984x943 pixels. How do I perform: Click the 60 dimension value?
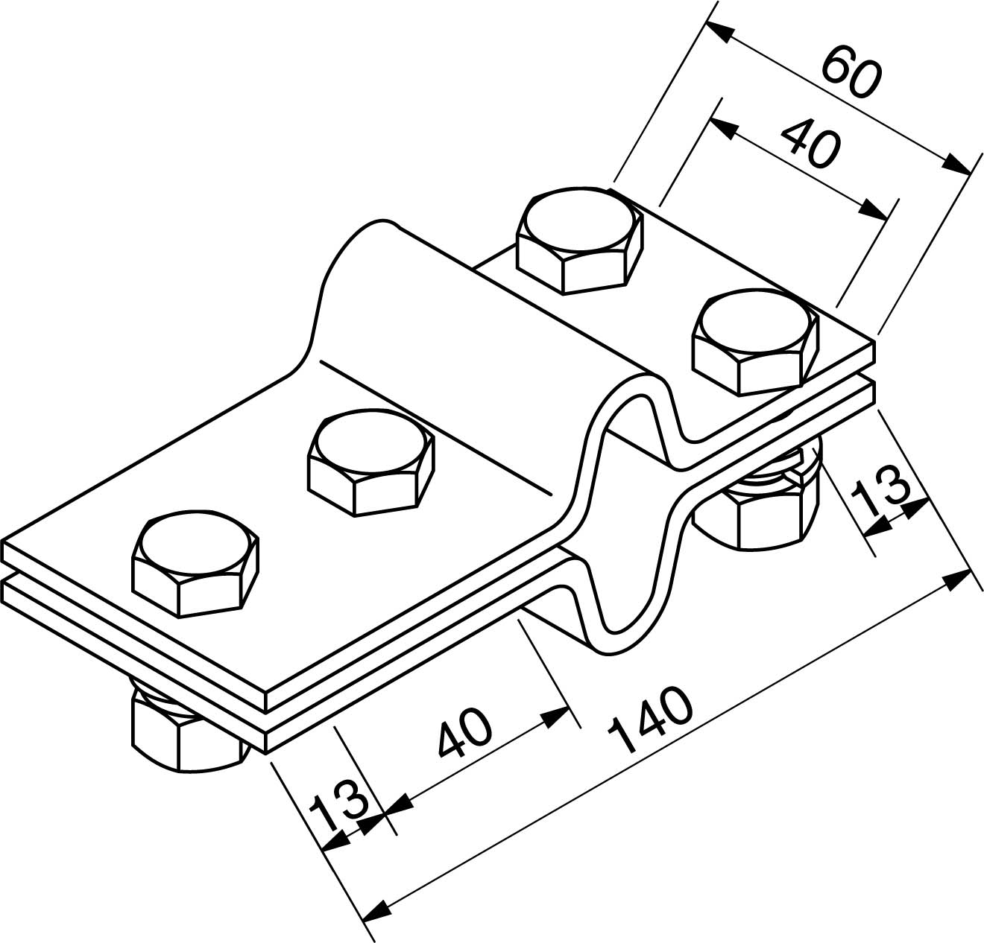point(851,72)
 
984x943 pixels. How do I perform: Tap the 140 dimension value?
point(650,719)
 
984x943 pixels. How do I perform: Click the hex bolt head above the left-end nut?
point(195,563)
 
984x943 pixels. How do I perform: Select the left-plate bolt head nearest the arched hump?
point(370,462)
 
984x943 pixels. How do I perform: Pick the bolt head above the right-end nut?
point(755,342)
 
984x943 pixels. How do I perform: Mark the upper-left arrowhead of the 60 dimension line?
point(719,32)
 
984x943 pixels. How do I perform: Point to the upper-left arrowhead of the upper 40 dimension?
point(724,130)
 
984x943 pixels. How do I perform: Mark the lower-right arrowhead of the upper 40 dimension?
point(873,209)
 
